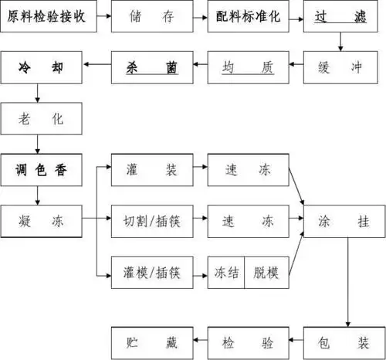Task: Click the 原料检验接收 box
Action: pos(48,16)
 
